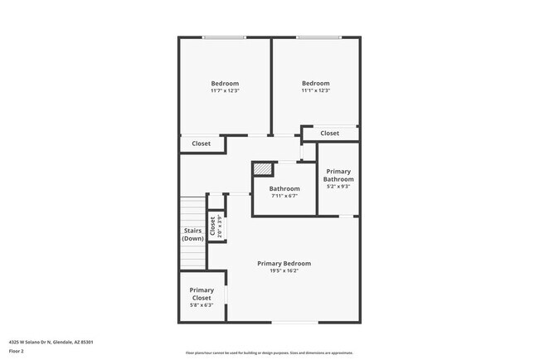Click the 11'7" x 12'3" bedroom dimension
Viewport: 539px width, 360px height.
(x=225, y=90)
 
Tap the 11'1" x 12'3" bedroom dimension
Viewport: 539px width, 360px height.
(x=315, y=90)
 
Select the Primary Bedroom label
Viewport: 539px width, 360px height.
(x=284, y=263)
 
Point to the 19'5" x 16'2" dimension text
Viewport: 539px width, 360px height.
(x=284, y=270)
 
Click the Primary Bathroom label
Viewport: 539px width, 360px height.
(x=338, y=175)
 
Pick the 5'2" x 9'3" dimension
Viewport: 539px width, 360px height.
(x=338, y=187)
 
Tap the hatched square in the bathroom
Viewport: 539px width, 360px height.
(x=262, y=169)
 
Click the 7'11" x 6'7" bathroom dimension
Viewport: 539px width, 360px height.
(x=284, y=197)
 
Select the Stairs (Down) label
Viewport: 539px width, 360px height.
(x=192, y=235)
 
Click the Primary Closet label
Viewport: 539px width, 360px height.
(x=202, y=294)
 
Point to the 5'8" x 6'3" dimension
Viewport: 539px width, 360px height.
(x=202, y=305)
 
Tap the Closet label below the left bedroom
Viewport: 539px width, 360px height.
(x=202, y=144)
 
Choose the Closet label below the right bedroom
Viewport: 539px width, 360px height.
(x=329, y=133)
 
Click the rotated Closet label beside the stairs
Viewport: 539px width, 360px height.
(x=214, y=226)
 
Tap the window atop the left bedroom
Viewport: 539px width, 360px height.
(x=225, y=36)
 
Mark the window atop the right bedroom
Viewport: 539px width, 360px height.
(x=319, y=36)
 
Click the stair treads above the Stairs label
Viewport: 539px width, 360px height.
(x=192, y=211)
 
